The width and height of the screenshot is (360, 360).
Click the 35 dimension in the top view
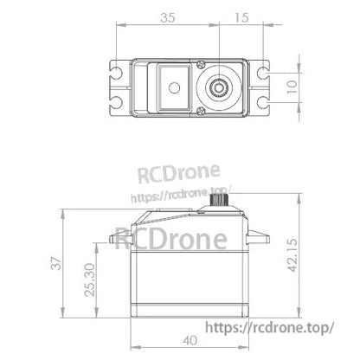coord(166,16)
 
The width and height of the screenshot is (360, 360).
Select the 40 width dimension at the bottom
coord(191,339)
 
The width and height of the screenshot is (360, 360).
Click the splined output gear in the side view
coord(221,202)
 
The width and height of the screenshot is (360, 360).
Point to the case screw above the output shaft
coord(200,64)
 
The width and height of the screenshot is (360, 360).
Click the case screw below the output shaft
coord(200,110)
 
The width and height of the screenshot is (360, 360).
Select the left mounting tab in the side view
coord(118,235)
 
